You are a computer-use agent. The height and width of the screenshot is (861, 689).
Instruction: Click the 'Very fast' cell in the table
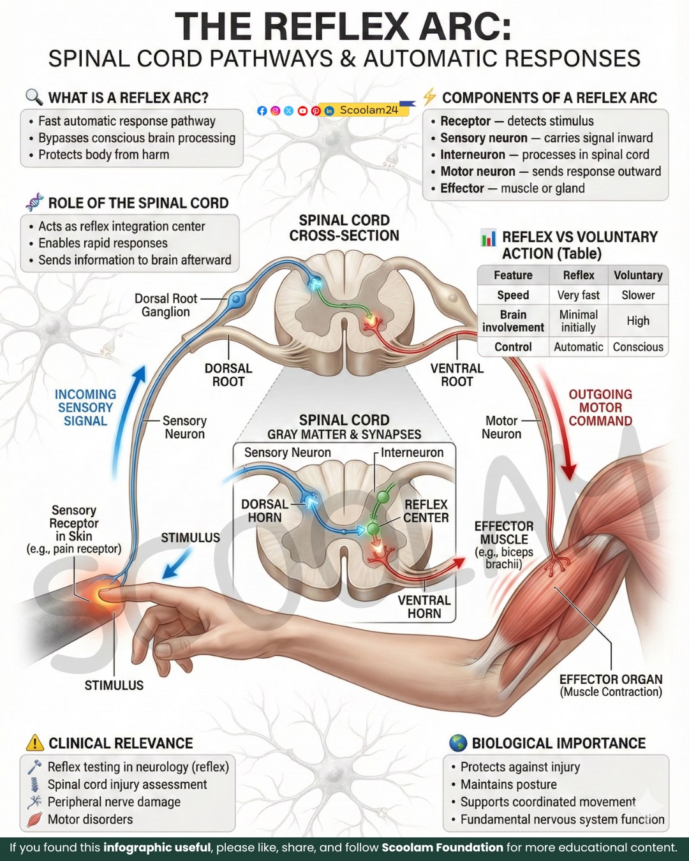click(578, 295)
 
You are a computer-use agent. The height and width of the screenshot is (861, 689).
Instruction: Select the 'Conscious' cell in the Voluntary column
click(638, 346)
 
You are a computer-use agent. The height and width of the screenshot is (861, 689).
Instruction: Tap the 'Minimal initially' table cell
click(578, 321)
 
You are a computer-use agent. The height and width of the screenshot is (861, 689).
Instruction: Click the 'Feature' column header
click(513, 276)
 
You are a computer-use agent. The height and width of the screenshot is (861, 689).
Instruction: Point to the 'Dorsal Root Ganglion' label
click(166, 305)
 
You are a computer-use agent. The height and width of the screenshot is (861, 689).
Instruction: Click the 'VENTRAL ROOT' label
click(457, 374)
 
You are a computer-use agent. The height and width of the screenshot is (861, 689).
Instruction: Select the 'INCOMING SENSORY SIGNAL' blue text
click(85, 408)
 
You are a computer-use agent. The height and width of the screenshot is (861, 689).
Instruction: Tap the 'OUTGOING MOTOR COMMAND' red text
click(600, 408)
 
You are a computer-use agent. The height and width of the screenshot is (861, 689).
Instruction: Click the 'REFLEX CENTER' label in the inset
click(426, 511)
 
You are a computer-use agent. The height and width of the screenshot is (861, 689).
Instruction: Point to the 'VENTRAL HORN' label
click(424, 607)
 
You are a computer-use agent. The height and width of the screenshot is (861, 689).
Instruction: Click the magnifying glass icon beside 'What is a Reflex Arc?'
click(34, 97)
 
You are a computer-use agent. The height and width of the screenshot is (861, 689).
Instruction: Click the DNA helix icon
click(35, 202)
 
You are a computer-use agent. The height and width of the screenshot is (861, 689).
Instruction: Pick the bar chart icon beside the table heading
click(488, 237)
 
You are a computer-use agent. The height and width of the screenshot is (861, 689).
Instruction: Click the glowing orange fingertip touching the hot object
click(105, 595)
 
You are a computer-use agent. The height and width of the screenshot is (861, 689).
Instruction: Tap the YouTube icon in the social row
click(302, 111)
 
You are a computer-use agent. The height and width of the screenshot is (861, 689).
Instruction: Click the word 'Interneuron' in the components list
click(473, 154)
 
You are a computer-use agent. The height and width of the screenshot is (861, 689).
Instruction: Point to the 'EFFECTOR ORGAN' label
click(611, 679)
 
